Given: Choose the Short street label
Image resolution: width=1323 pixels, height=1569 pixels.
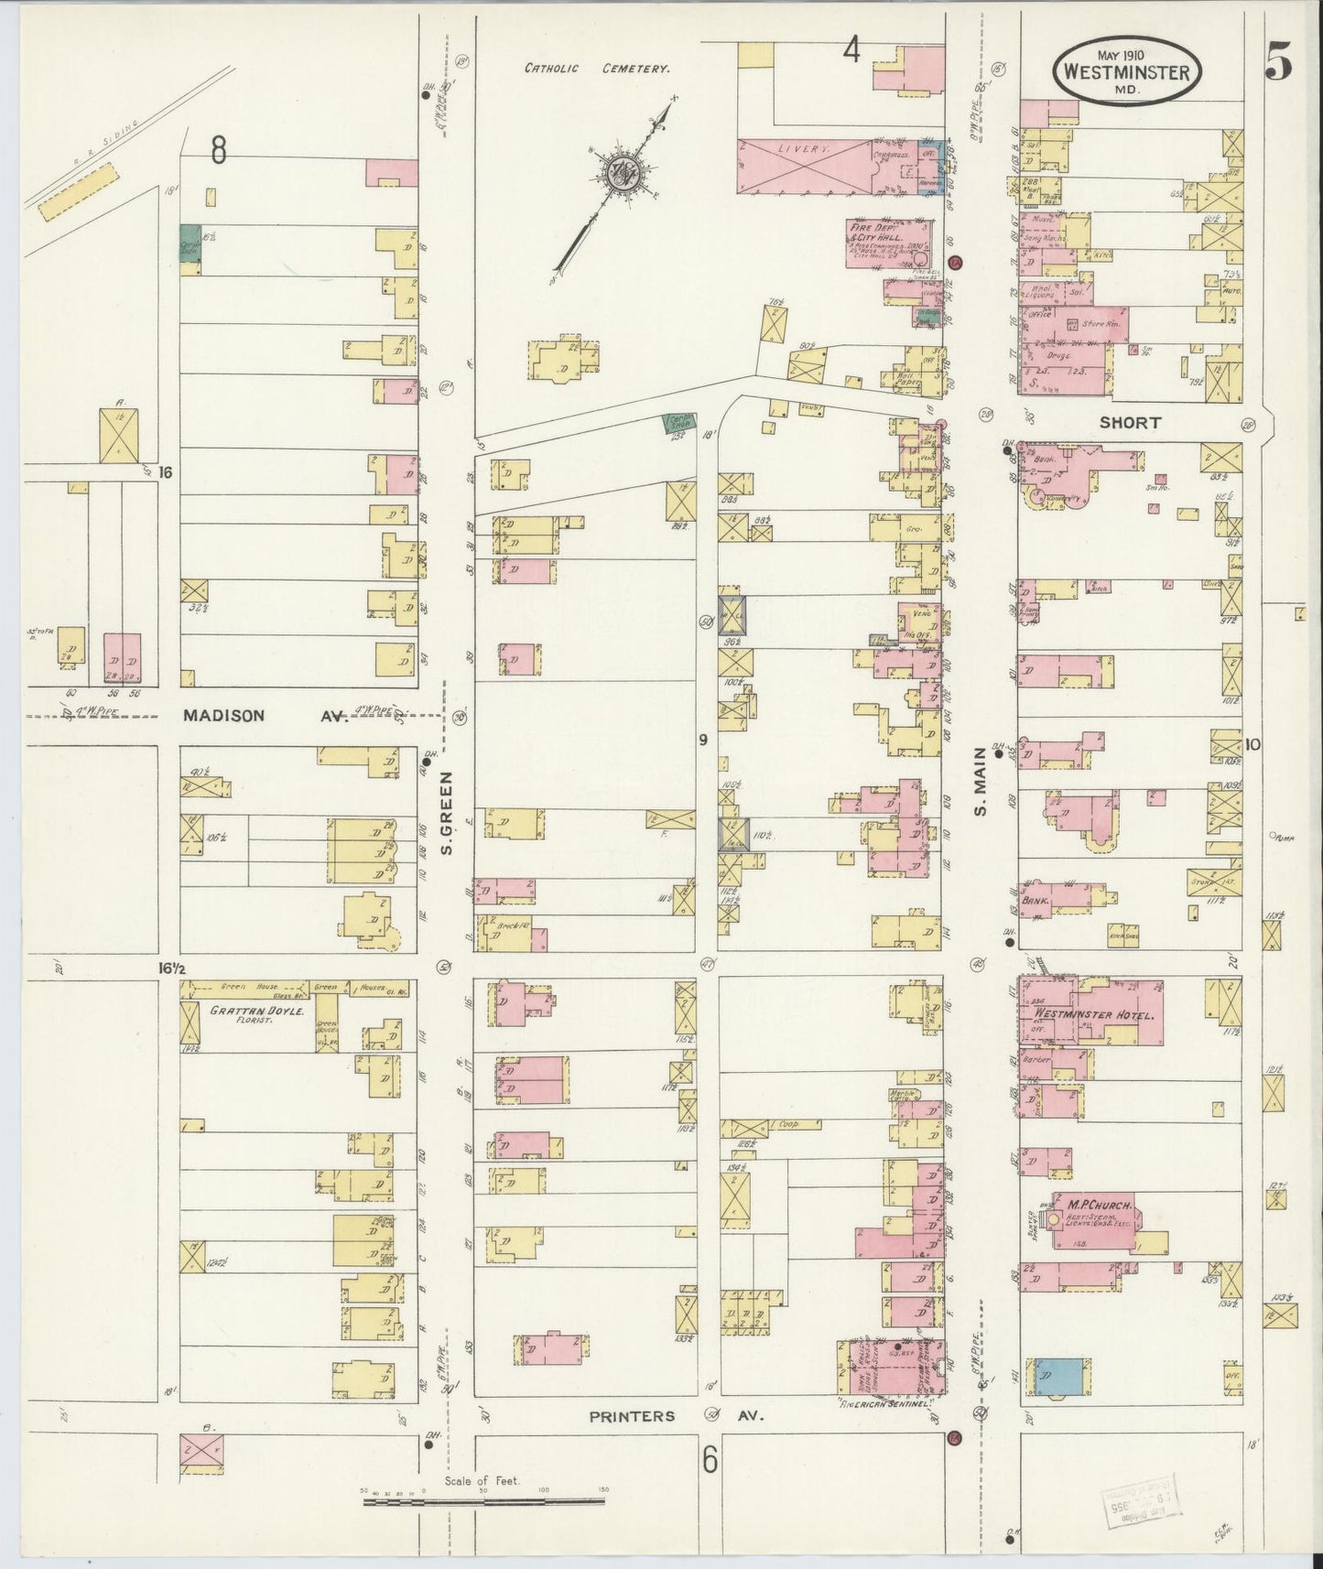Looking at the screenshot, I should pyautogui.click(x=1130, y=423).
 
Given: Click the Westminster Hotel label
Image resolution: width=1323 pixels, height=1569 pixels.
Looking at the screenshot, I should pyautogui.click(x=1085, y=1014).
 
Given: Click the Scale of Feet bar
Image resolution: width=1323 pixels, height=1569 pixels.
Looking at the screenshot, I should pyautogui.click(x=483, y=1501).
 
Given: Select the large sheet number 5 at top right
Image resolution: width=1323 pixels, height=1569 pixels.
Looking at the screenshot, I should pyautogui.click(x=1278, y=62).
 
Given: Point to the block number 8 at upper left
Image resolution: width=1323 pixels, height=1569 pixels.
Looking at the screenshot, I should pyautogui.click(x=218, y=149).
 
